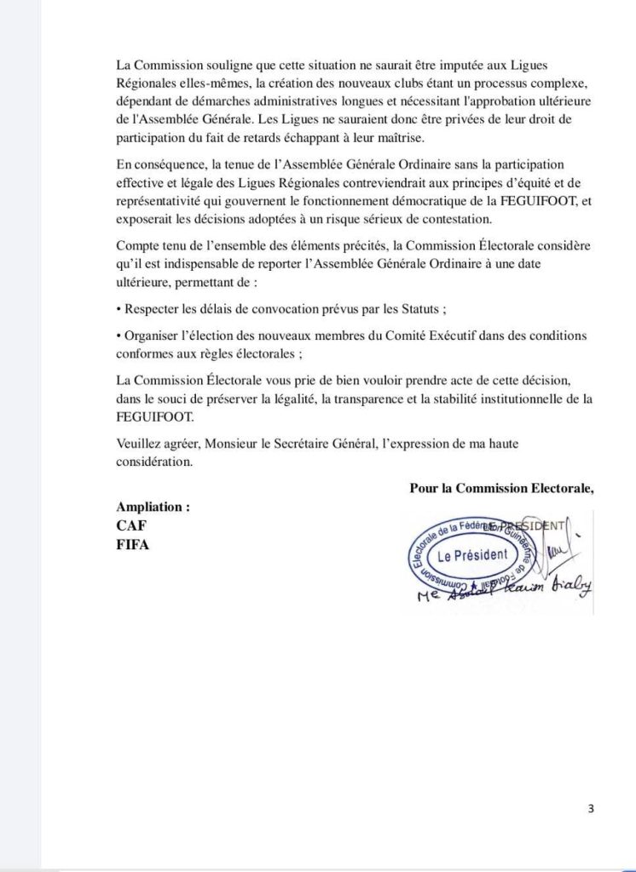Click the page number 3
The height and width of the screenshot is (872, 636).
591,809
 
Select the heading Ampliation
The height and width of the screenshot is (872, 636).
153,506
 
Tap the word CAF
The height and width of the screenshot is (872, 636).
131,525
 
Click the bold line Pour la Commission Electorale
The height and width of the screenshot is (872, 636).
501,488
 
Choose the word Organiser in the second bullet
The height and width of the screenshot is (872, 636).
153,336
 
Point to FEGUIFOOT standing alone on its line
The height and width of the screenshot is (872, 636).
154,418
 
